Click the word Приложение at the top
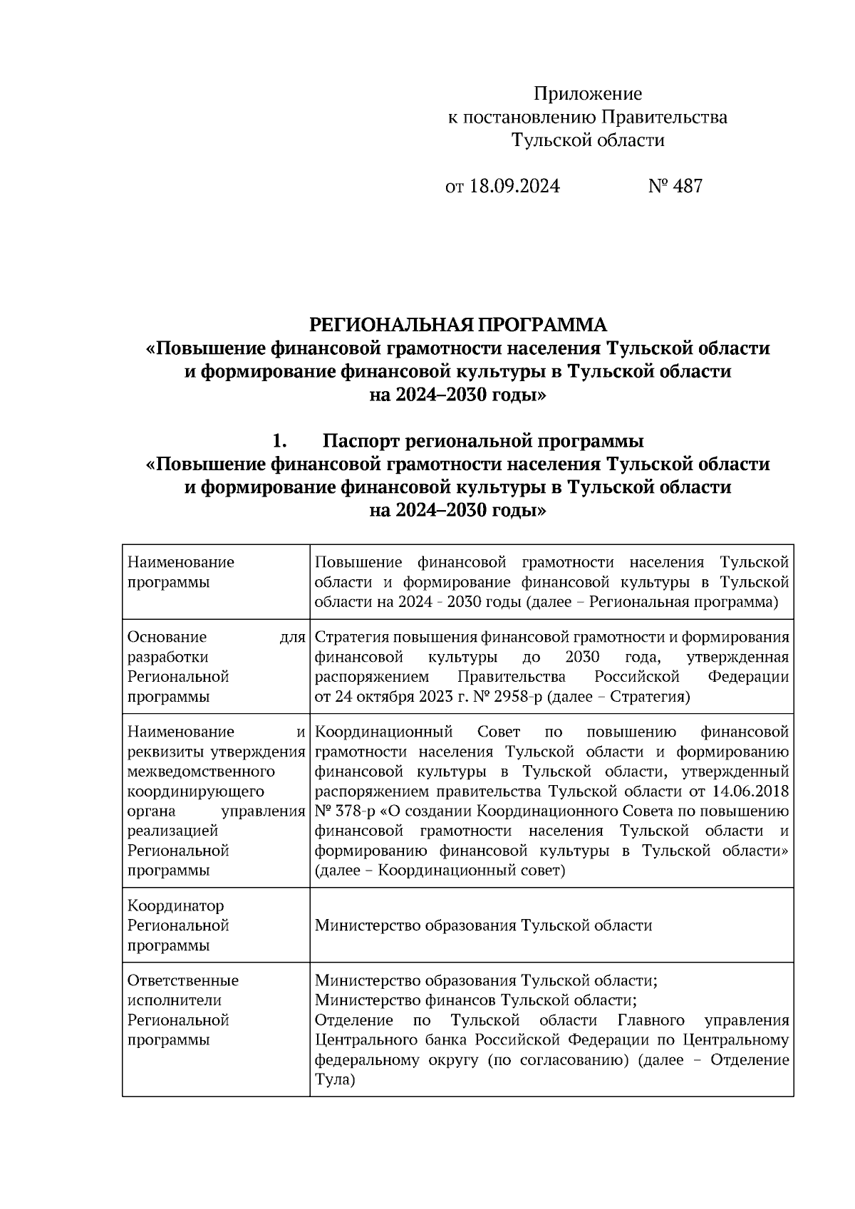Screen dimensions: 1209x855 pos(588,94)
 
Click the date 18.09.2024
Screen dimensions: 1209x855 pos(514,187)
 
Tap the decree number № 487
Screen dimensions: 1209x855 pos(675,187)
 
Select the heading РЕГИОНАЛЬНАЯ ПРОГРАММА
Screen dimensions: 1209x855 pos(457,326)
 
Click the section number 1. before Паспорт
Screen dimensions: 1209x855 pos(279,441)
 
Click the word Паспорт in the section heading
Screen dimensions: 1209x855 pos(361,441)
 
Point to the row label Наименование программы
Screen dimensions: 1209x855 pos(180,572)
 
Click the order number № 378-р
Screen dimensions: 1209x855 pos(343,811)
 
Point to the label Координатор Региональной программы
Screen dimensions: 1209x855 pos(178,925)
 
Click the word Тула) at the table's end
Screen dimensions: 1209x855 pos(334,1080)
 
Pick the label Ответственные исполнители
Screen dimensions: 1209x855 pos(183,990)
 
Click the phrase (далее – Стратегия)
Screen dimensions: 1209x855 pos(619,697)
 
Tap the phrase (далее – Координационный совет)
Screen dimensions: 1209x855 pos(440,871)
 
